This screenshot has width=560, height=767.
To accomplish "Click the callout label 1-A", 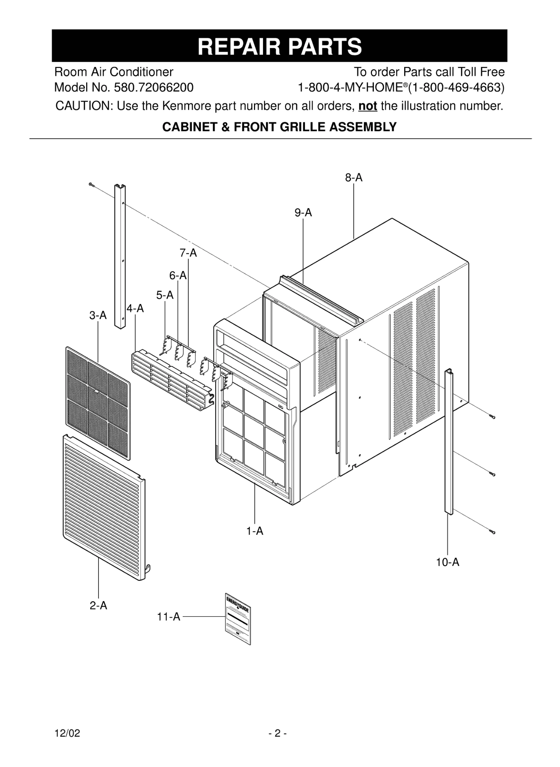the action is pyautogui.click(x=255, y=531).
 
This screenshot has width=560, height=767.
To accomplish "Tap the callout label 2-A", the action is pyautogui.click(x=98, y=606).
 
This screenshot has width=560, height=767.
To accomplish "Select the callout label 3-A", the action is pyautogui.click(x=98, y=316).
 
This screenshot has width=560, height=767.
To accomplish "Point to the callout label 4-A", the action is pyautogui.click(x=135, y=309).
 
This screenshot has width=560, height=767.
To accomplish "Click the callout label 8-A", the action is pyautogui.click(x=354, y=178).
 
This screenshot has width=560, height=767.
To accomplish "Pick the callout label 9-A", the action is pyautogui.click(x=303, y=213).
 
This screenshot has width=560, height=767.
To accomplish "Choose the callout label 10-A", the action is pyautogui.click(x=447, y=562).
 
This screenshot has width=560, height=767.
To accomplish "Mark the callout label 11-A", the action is pyautogui.click(x=169, y=617).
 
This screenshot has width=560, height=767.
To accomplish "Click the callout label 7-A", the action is pyautogui.click(x=188, y=253).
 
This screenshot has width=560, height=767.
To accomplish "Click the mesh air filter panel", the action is pyautogui.click(x=98, y=403).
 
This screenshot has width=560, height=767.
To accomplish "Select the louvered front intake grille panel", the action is pyautogui.click(x=104, y=507).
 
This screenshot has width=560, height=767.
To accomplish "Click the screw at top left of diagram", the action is pyautogui.click(x=91, y=184).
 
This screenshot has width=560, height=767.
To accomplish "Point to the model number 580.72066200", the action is pyautogui.click(x=154, y=88).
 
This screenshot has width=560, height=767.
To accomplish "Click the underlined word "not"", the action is pyautogui.click(x=367, y=106).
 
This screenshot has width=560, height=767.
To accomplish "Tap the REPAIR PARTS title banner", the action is pyautogui.click(x=279, y=46).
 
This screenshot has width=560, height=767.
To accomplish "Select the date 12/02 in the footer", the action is pyautogui.click(x=67, y=733).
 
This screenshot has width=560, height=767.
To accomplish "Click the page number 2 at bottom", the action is pyautogui.click(x=278, y=733).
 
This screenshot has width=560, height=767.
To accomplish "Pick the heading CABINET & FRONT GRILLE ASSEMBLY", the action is pyautogui.click(x=279, y=127).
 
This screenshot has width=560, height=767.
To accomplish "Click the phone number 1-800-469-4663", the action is pyautogui.click(x=457, y=88).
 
